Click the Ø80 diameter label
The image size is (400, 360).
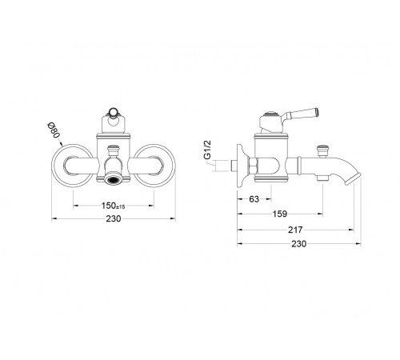coord(53,130)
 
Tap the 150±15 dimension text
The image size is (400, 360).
coord(113,206)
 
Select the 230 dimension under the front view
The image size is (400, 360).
coord(114,218)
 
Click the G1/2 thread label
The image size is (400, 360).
coord(207,150)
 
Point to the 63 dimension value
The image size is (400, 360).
coord(254,199)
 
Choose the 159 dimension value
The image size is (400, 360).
coord(280,214)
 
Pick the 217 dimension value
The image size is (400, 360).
coord(295,230)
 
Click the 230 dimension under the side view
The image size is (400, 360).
coord(299,244)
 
